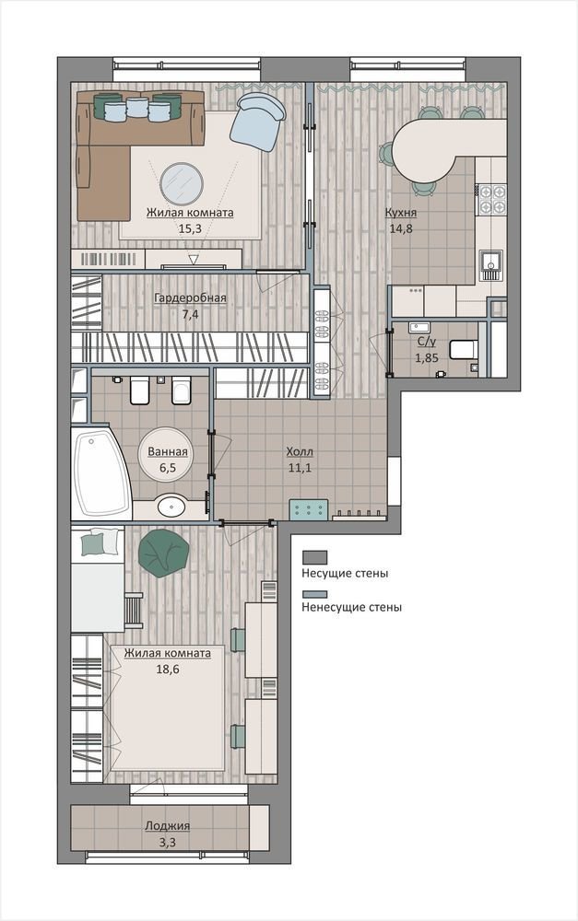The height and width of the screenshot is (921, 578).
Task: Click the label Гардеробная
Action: [x=190, y=298]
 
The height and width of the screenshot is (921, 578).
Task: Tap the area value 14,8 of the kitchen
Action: [x=401, y=229]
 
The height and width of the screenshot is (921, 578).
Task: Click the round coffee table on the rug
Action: [x=182, y=182]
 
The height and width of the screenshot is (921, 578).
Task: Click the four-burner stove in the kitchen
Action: [x=491, y=199]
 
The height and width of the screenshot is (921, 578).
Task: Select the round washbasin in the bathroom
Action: [x=171, y=506]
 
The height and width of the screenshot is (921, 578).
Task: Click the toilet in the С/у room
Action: [x=463, y=349]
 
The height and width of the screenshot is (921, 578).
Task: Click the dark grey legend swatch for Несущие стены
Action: [x=314, y=557]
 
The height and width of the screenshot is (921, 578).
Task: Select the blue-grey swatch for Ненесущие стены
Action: [x=314, y=594]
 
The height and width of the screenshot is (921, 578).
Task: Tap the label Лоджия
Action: [x=168, y=826]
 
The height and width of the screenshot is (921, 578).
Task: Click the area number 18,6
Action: [x=168, y=669]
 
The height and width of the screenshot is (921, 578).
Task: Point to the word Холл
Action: [x=300, y=451]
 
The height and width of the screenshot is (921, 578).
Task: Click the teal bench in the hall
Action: [x=308, y=509]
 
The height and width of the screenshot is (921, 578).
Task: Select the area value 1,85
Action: [x=427, y=357]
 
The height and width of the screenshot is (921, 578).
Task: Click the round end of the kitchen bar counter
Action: [x=419, y=152]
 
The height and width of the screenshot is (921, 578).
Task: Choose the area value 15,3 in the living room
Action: [x=190, y=228]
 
